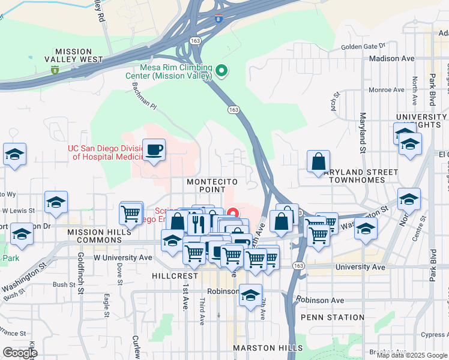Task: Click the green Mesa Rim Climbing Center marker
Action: pos(221,72)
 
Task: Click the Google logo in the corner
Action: pos(20,353)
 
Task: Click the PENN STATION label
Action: pos(332,317)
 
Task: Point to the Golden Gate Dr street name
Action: pos(363,46)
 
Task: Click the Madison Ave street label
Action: pos(392,59)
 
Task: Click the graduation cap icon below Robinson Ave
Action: pos(251,296)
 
